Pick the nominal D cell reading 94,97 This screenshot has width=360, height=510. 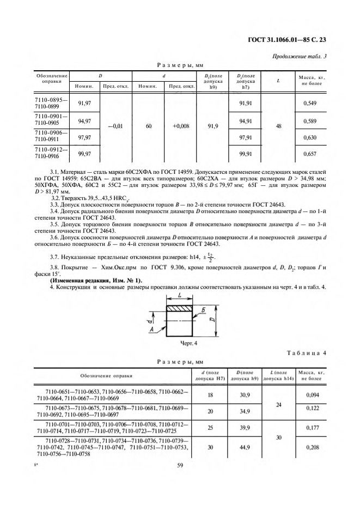84,120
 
